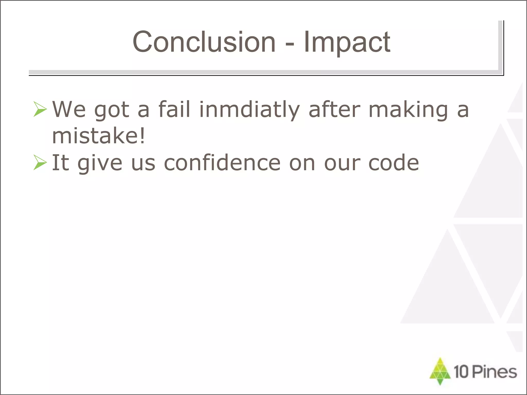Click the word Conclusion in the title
(x=204, y=42)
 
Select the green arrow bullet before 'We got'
(x=40, y=109)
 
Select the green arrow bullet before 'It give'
(x=40, y=163)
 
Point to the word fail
(x=174, y=109)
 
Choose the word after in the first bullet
(x=334, y=109)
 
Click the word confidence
(x=222, y=163)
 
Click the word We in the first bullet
(x=69, y=109)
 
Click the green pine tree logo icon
(x=440, y=371)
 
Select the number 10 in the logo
(x=461, y=372)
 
